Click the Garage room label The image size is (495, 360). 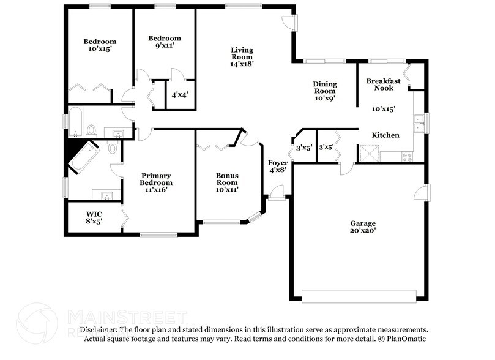(363, 223)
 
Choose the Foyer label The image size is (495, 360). (278, 162)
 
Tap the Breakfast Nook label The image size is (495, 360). (384, 84)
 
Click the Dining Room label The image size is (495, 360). (324, 88)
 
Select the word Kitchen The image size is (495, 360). (386, 135)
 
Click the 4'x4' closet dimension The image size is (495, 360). (180, 95)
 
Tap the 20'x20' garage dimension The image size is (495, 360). (363, 231)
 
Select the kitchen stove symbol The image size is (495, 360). (407, 156)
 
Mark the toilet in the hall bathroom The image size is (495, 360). (91, 130)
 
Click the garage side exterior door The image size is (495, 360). (420, 194)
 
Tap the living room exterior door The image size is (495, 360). (289, 23)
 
